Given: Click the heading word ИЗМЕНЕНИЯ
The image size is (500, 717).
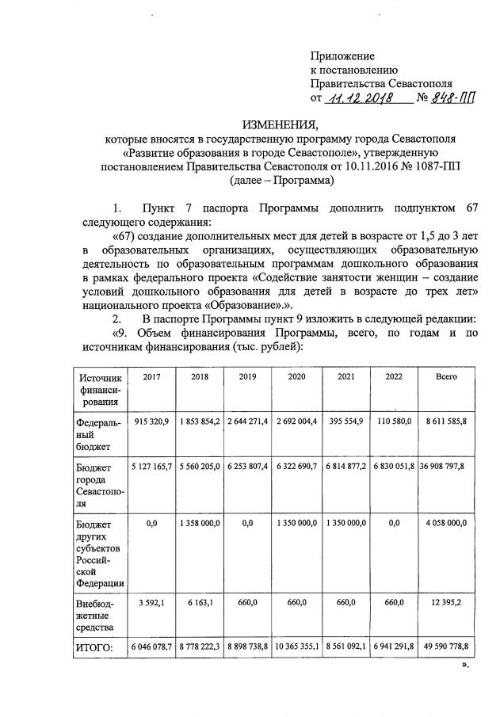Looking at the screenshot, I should point(278,124).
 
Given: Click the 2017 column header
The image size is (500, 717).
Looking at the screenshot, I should point(151,376).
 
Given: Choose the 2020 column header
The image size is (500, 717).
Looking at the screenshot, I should point(296,376).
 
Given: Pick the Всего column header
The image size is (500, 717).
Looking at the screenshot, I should point(446,376).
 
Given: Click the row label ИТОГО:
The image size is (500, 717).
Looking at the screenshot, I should point(95,647).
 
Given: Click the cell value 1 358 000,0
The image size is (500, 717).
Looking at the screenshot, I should point(199,522).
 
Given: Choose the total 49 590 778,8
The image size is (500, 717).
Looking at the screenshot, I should point(446,646).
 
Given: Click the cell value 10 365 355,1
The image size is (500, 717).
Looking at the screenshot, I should point(296,646).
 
